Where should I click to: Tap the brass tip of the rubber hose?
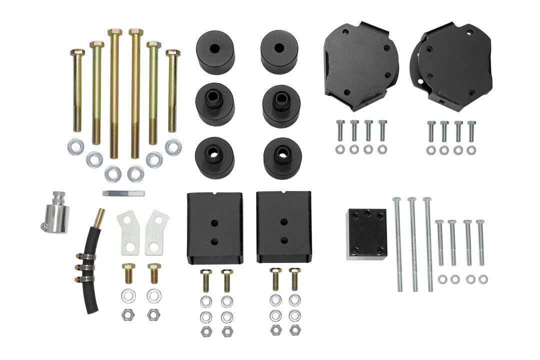100,216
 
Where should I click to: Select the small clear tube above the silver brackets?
123,193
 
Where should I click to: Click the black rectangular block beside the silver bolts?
366,234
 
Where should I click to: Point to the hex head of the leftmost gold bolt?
77,52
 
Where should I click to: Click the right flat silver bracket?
156,231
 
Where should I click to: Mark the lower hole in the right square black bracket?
283,239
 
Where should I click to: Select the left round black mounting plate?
361,66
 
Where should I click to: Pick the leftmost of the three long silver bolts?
398,244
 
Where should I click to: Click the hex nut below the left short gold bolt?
127,314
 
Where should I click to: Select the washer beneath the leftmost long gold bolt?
76,146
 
